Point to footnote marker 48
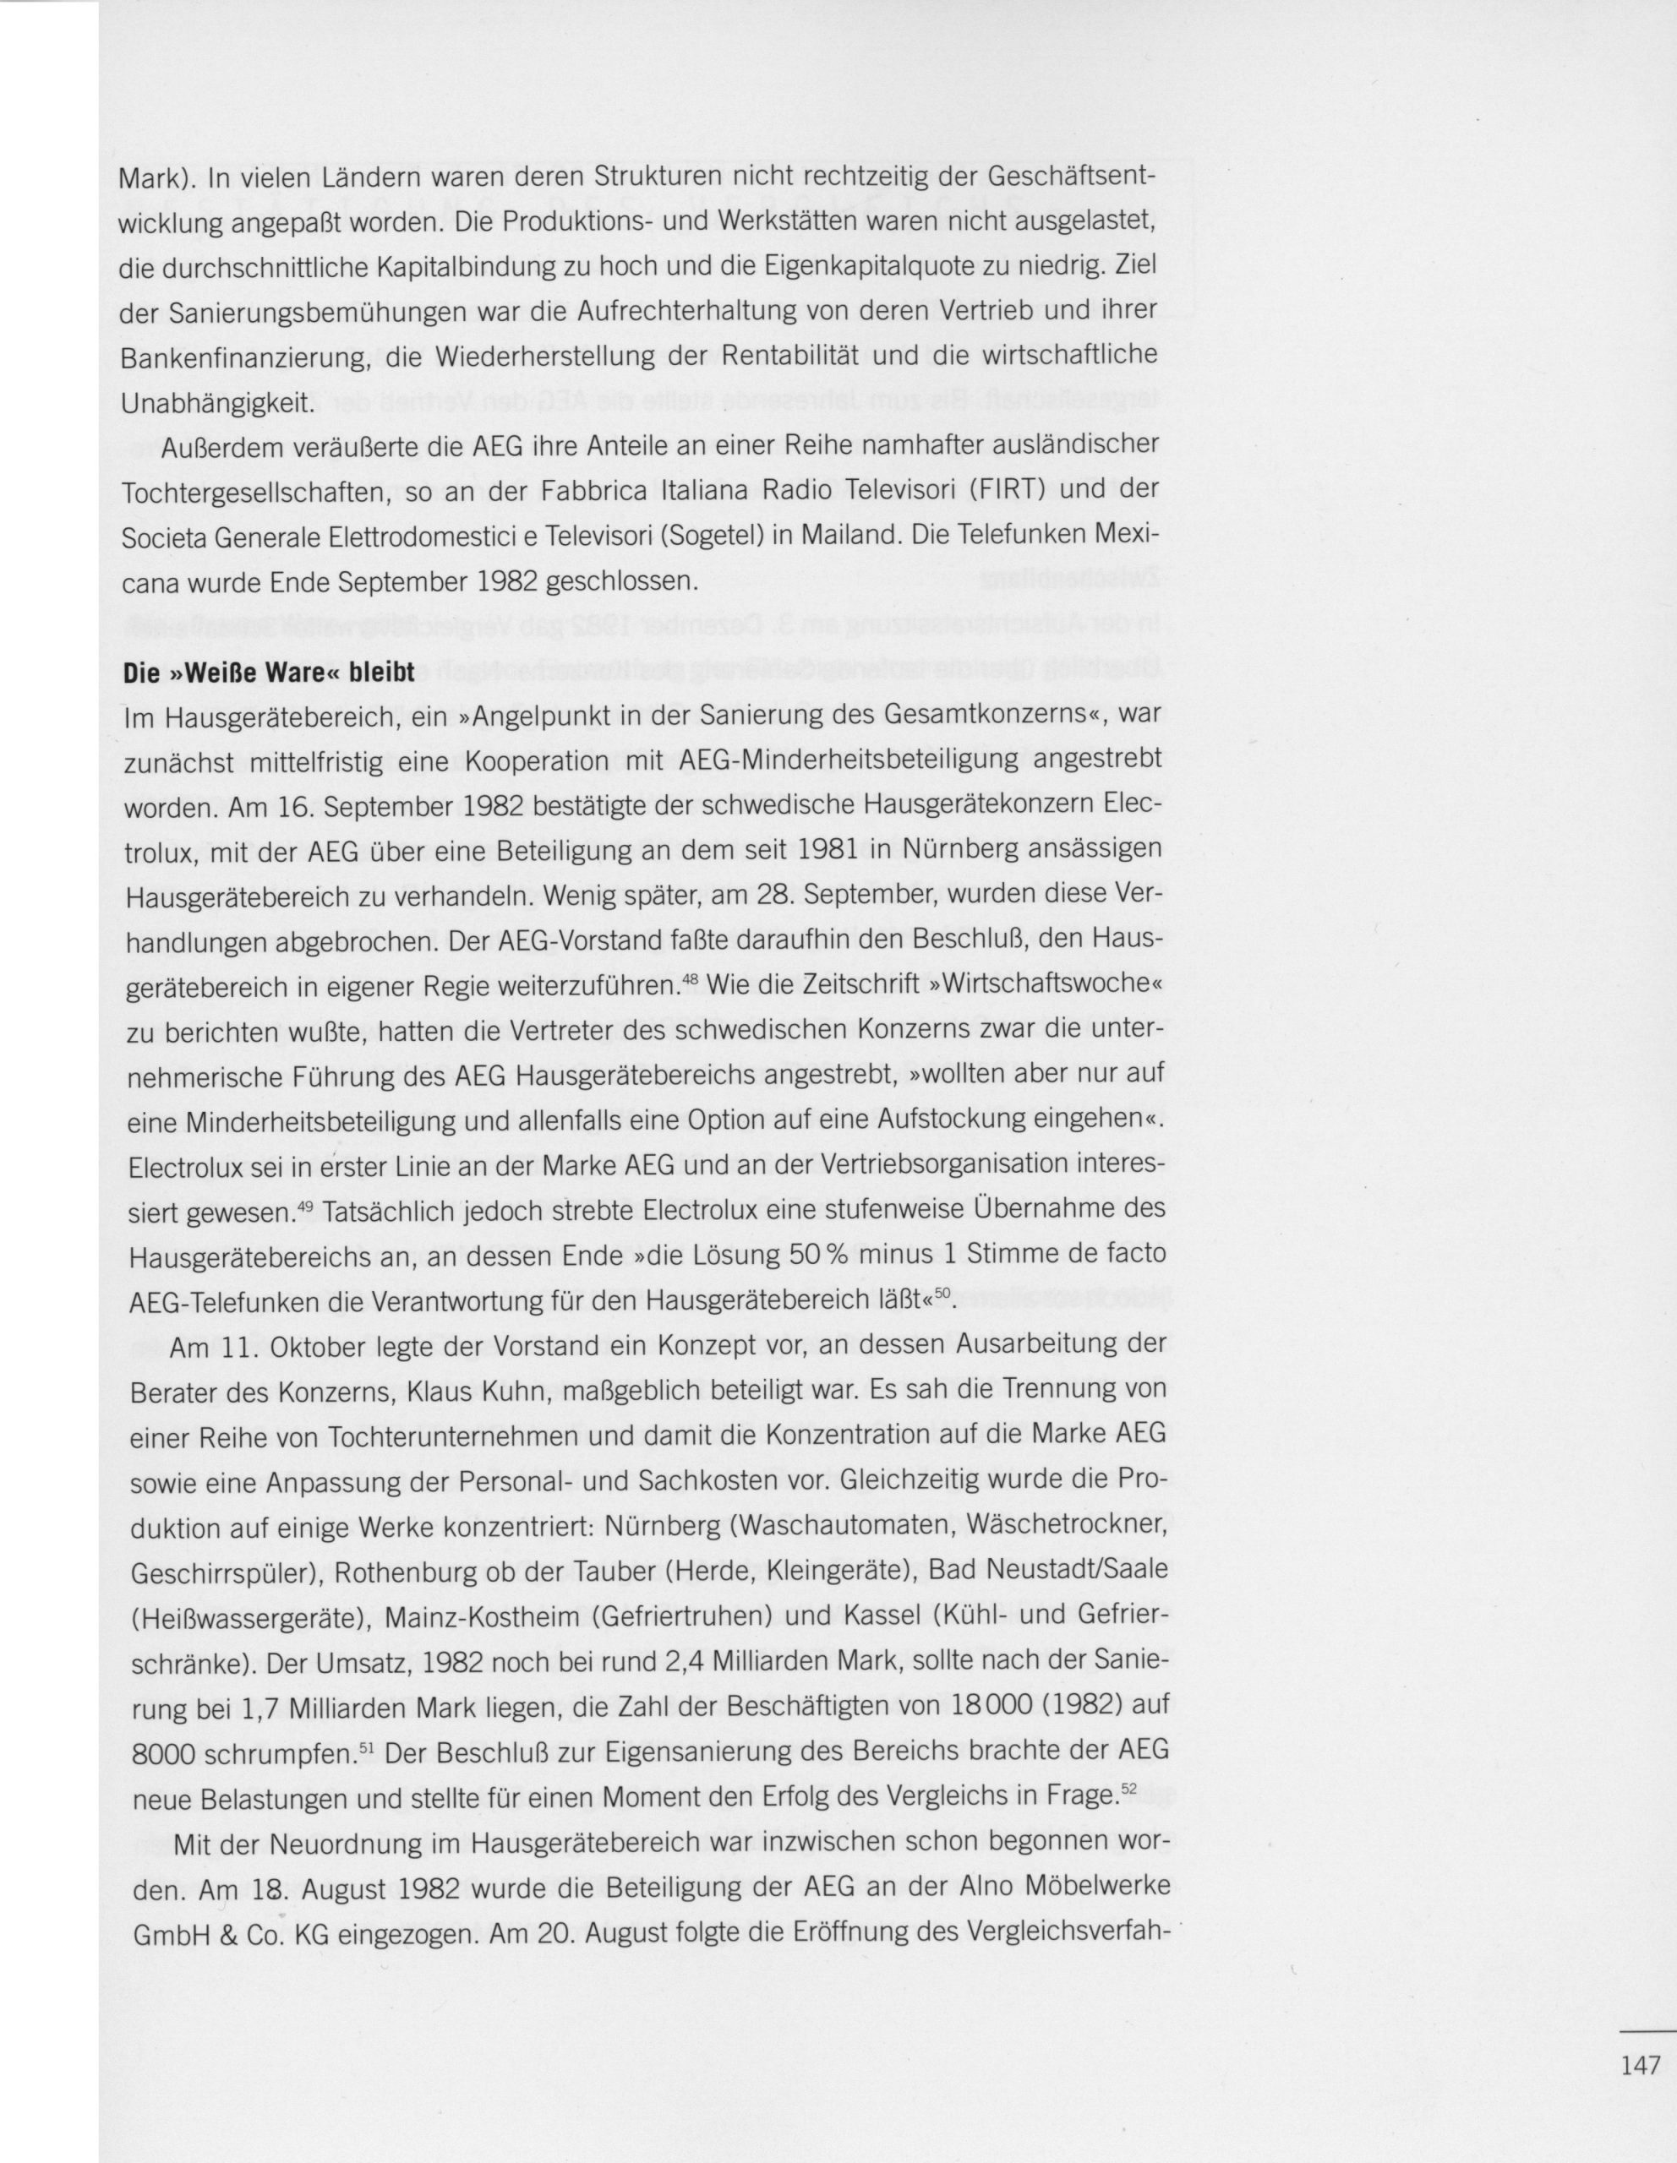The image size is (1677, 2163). tap(691, 980)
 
